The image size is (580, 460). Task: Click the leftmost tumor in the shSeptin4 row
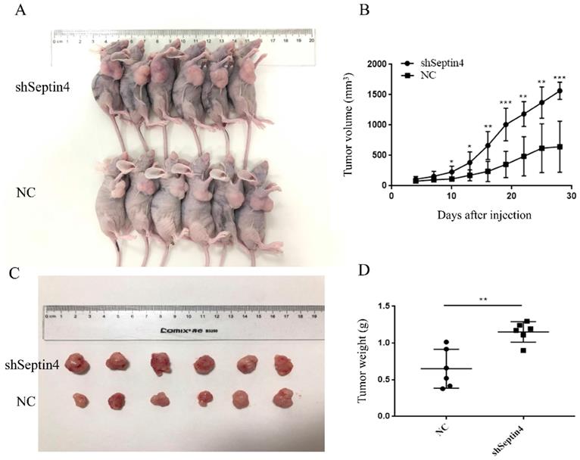[x=76, y=363]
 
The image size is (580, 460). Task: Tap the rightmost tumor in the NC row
[x=282, y=398]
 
